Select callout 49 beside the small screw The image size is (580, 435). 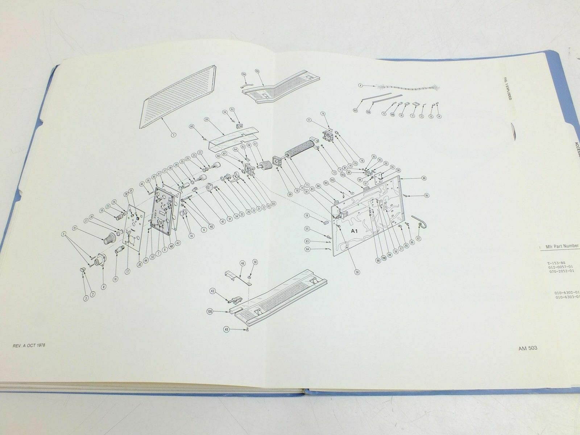(227, 329)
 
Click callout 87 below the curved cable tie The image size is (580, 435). (419, 238)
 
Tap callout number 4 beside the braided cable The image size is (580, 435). (360, 86)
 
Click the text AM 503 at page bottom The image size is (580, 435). (527, 351)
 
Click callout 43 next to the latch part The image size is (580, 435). (212, 291)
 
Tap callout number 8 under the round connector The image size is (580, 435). (104, 286)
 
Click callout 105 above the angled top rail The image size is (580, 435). (257, 71)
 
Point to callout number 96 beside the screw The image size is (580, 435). (427, 196)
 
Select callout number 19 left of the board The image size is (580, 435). (307, 215)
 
